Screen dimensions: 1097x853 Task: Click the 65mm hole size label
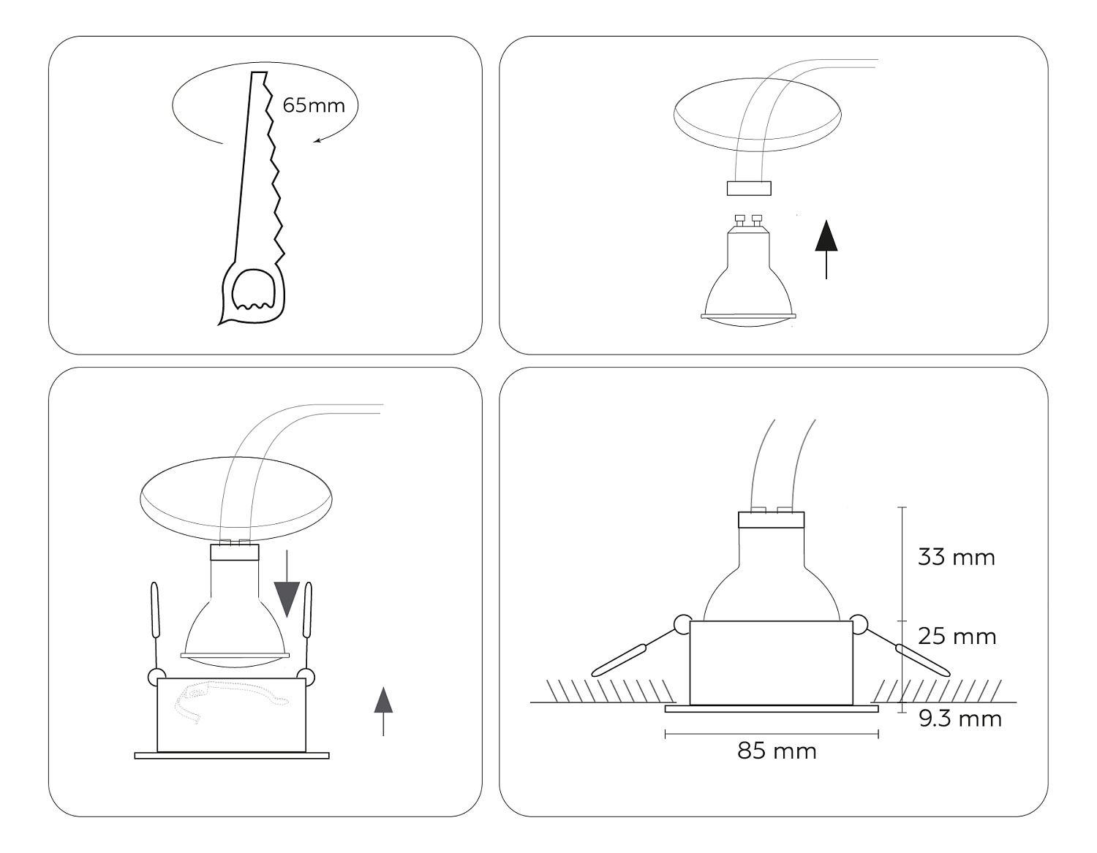314,105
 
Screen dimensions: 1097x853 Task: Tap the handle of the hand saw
252,294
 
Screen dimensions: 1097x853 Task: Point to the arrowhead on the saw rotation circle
317,141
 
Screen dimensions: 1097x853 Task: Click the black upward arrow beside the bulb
826,249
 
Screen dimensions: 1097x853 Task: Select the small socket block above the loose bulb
749,188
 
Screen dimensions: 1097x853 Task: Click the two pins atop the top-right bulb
748,220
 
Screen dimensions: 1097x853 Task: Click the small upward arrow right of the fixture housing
383,711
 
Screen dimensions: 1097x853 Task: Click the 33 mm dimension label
956,558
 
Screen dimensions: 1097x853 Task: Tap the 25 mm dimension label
957,637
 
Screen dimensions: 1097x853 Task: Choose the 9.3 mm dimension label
960,719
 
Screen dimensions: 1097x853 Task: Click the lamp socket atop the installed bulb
771,520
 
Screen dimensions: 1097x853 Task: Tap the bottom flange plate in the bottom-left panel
232,755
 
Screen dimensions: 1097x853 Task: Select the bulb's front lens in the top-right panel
748,320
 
